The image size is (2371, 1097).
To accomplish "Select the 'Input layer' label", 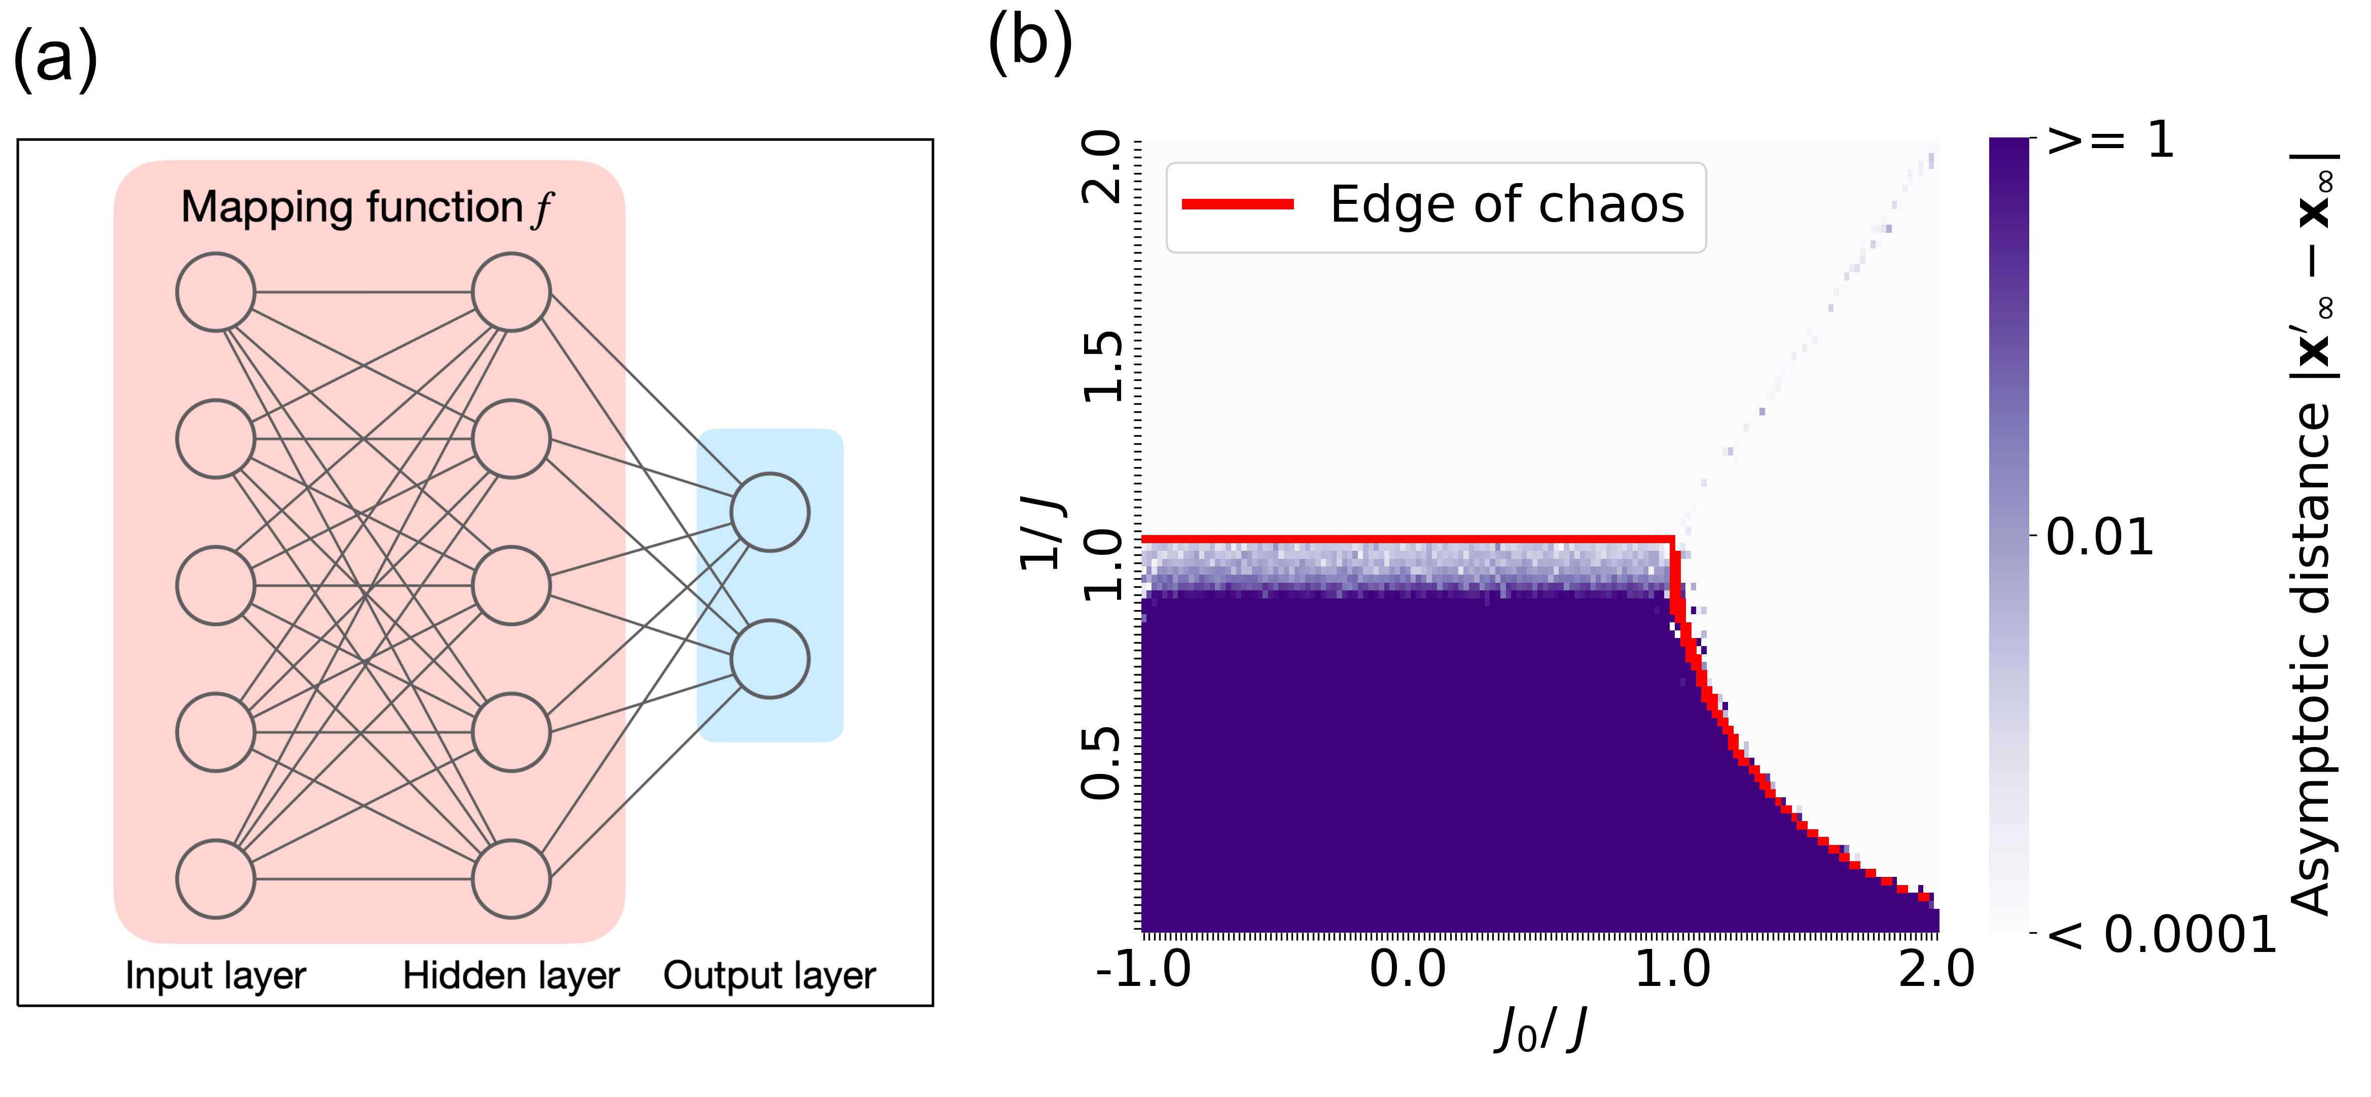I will coord(215,975).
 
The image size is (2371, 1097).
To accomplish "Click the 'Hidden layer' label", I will coord(511,975).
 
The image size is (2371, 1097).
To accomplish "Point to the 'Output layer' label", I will coord(770,975).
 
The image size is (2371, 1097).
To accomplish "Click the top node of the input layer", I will coord(215,292).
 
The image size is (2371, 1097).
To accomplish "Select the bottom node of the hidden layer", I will coord(511,879).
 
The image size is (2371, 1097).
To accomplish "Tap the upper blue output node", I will coord(770,513).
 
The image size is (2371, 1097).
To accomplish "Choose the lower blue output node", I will coord(770,659).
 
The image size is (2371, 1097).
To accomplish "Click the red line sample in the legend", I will coord(1238,204).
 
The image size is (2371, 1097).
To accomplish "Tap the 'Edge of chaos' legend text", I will coord(1507,204).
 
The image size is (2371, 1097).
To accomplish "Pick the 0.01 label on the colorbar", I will coord(2100,537).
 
